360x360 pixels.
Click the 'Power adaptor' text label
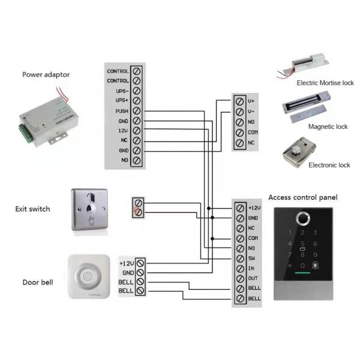pyautogui.click(x=46, y=75)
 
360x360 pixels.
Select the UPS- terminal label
pyautogui.click(x=121, y=91)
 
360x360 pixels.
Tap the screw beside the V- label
pyautogui.click(x=240, y=111)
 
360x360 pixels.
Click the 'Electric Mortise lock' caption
pyautogui.click(x=325, y=82)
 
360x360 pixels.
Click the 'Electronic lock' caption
pyautogui.click(x=329, y=165)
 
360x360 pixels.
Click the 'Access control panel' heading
pyautogui.click(x=302, y=197)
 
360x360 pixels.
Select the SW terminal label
pyautogui.click(x=253, y=258)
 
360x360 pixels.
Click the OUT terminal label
pyautogui.click(x=253, y=278)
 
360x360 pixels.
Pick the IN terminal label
pyautogui.click(x=251, y=268)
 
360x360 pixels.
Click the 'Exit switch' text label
pyautogui.click(x=32, y=209)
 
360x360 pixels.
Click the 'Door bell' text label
pyautogui.click(x=37, y=282)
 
